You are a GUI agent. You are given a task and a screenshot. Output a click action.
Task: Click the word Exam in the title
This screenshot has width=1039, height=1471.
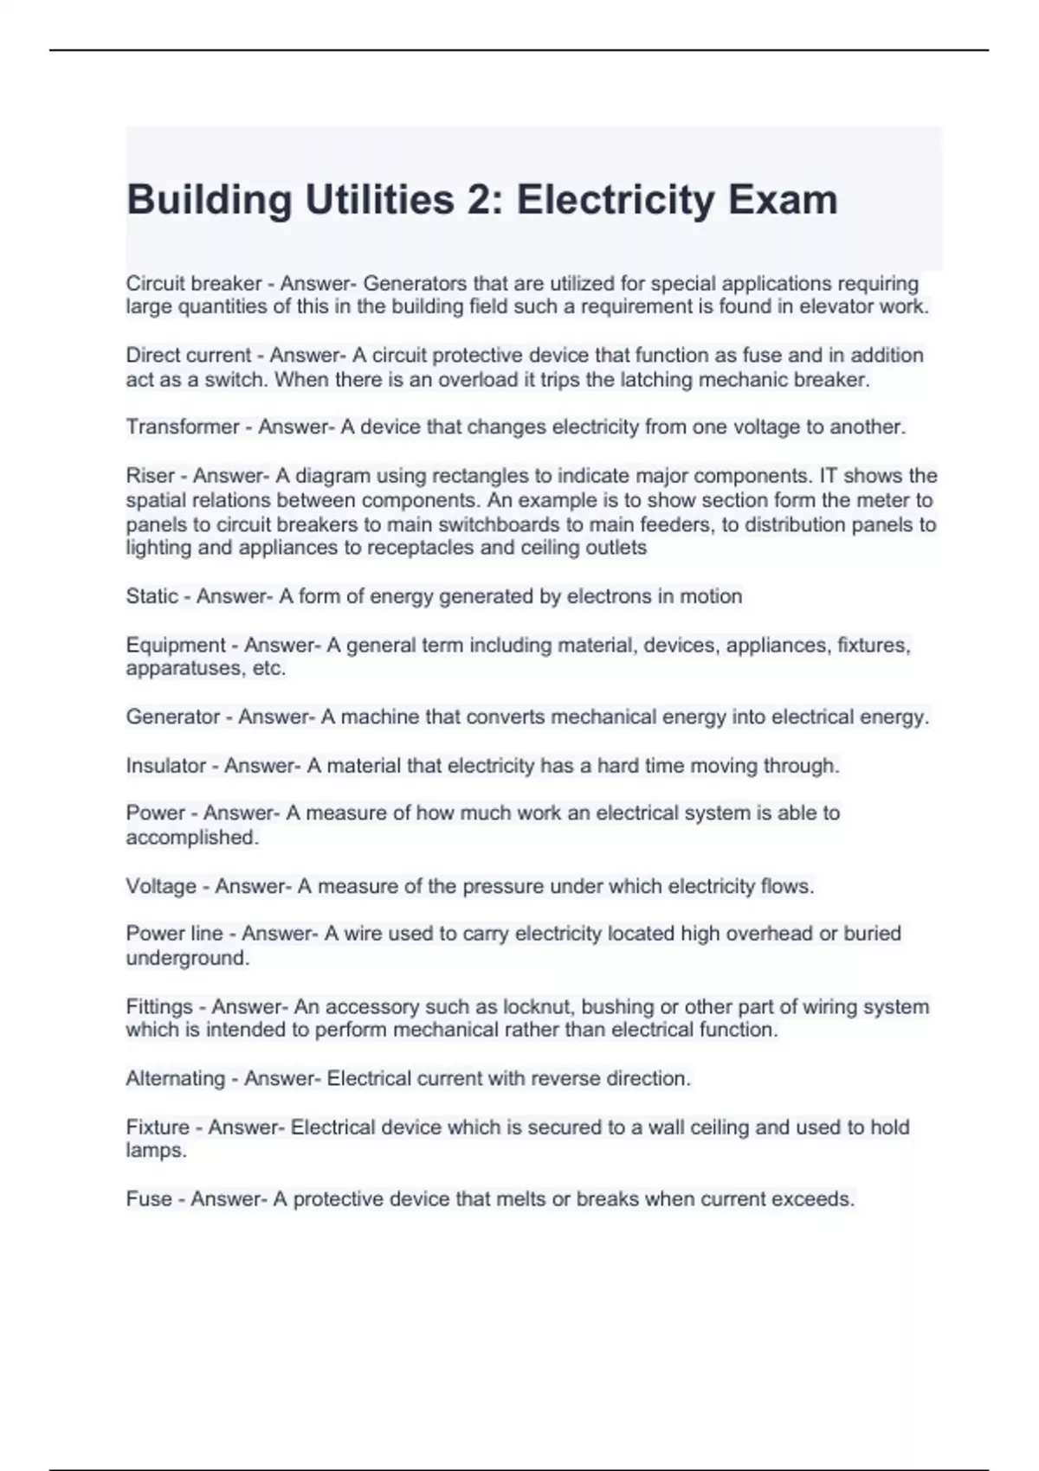pyautogui.click(x=782, y=200)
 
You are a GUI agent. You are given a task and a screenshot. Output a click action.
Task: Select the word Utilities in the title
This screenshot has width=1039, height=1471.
pyautogui.click(x=379, y=200)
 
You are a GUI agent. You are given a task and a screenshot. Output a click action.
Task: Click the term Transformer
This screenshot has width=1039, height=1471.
pyautogui.click(x=182, y=427)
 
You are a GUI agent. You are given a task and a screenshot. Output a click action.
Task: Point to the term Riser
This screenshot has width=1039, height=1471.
pyautogui.click(x=150, y=476)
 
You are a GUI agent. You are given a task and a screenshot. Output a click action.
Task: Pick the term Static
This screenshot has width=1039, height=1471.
pyautogui.click(x=152, y=596)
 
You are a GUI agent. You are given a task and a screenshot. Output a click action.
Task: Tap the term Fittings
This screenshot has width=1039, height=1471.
pyautogui.click(x=159, y=1006)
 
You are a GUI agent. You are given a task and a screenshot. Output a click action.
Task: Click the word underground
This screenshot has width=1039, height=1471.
pyautogui.click(x=187, y=958)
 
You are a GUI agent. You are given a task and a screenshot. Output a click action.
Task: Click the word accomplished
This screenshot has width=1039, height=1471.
pyautogui.click(x=191, y=838)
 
